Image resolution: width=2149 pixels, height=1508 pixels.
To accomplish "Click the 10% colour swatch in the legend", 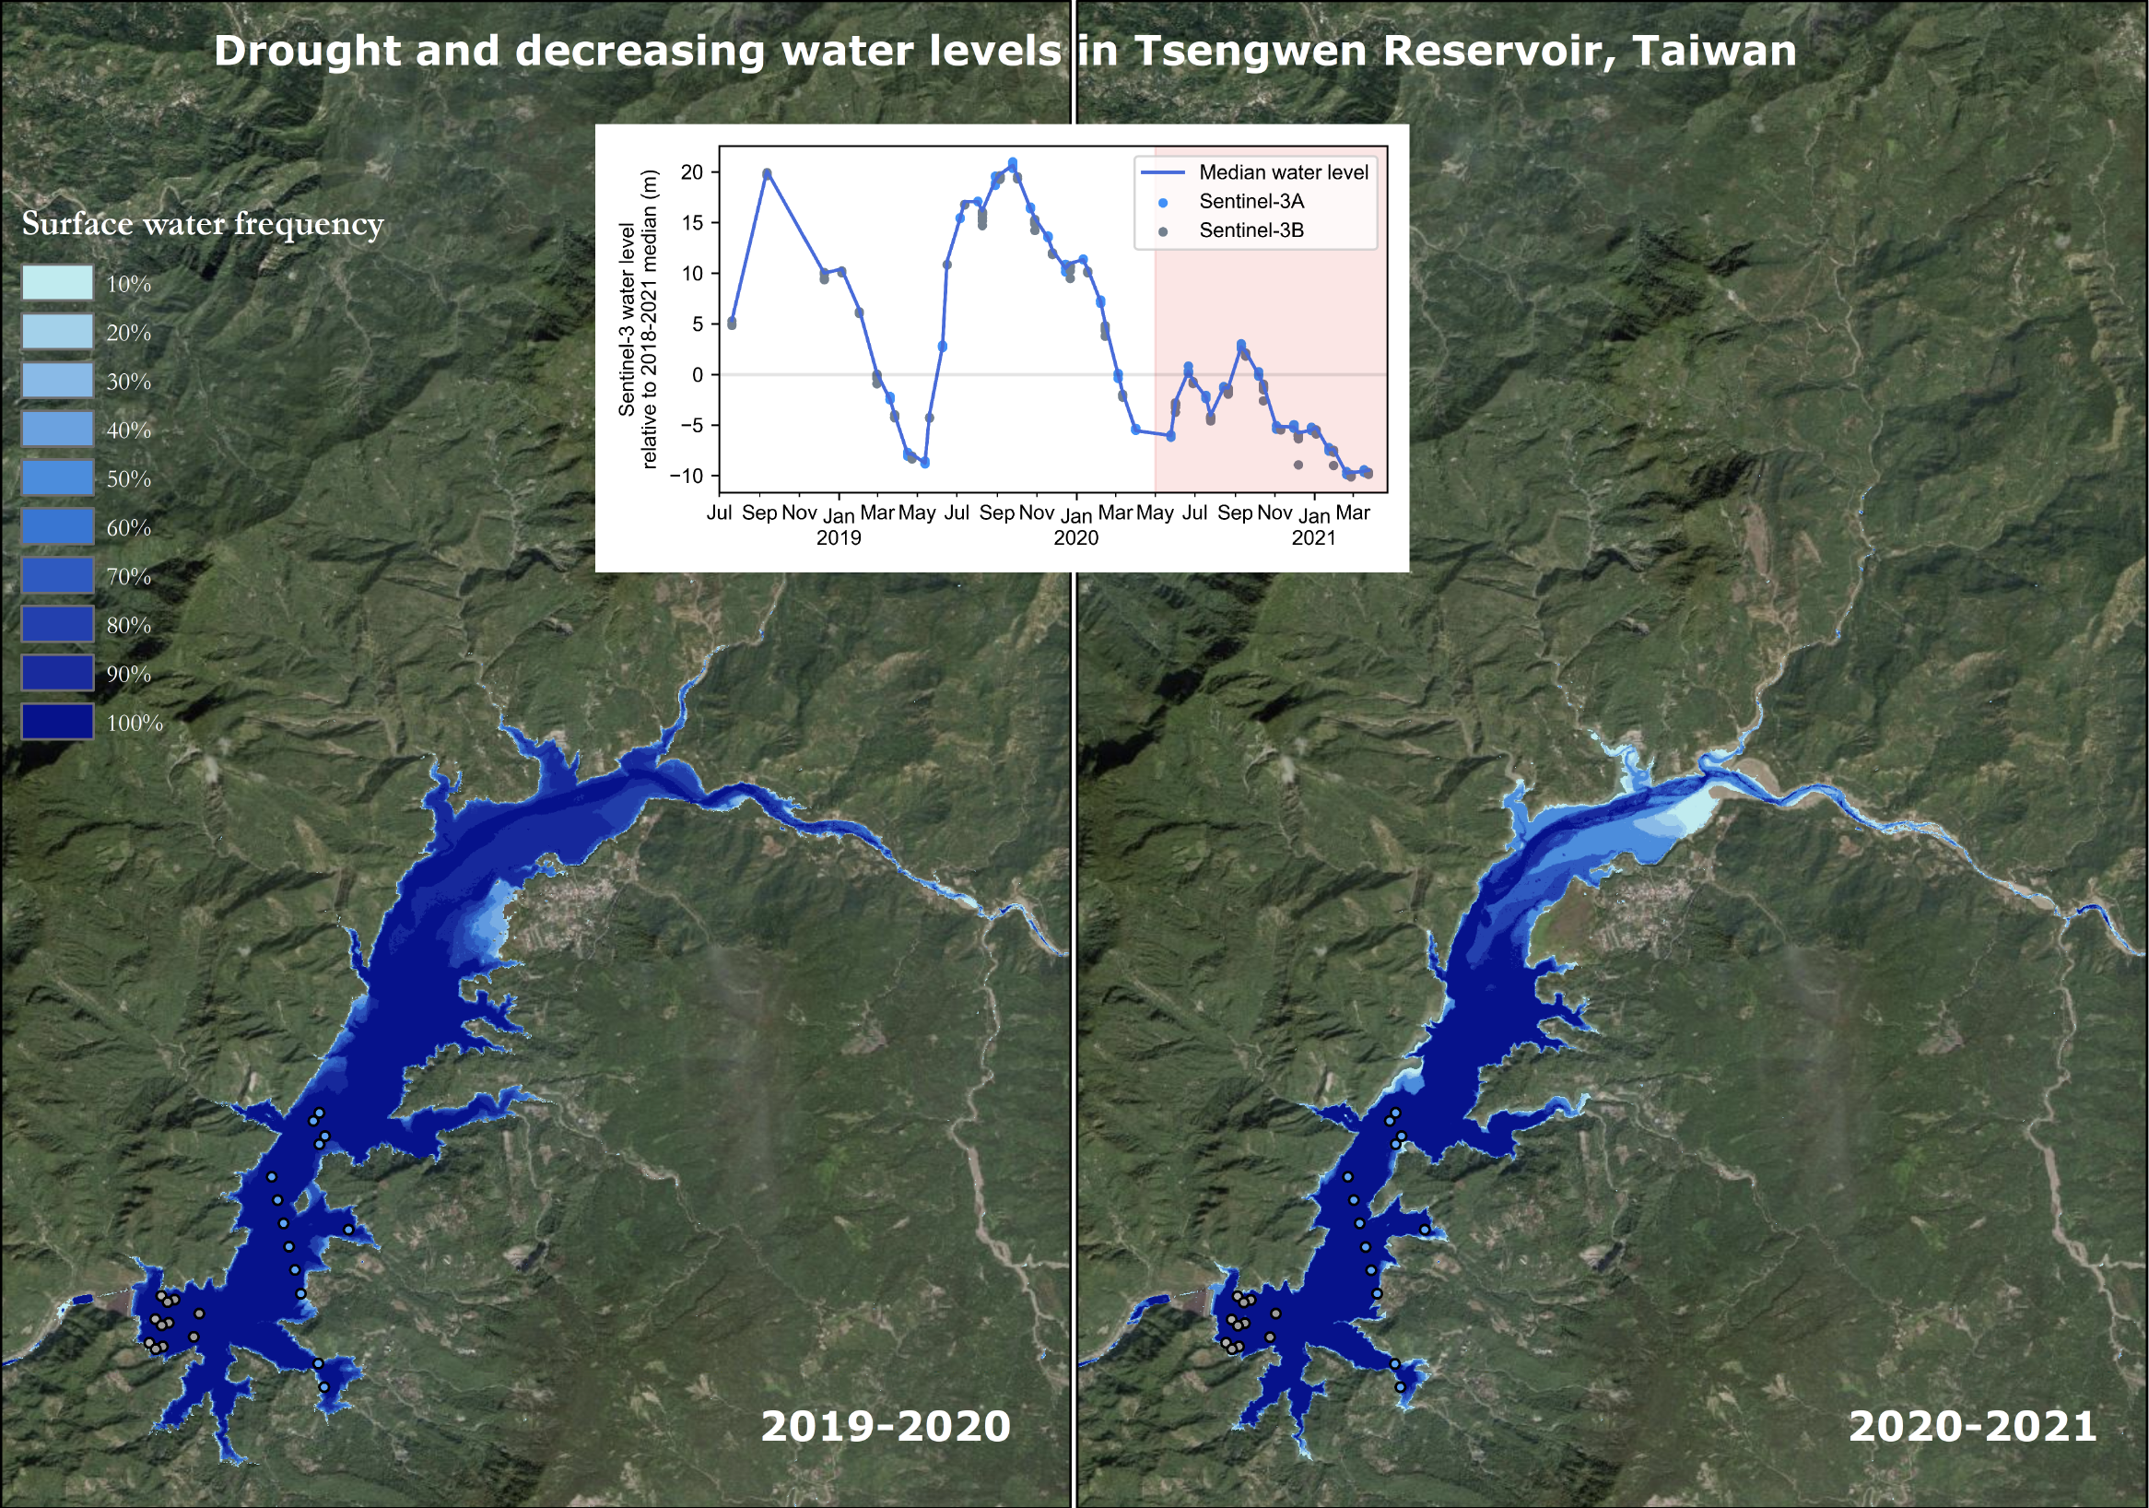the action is (57, 283).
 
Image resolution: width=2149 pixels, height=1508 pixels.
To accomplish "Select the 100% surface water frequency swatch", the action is (57, 722).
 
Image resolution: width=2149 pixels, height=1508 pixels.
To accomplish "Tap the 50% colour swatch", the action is (57, 477).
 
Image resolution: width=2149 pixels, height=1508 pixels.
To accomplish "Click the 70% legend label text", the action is (128, 577).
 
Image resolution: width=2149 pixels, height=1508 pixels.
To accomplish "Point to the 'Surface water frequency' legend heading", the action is (203, 224).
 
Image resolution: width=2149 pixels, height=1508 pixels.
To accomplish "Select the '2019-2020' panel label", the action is (886, 1427).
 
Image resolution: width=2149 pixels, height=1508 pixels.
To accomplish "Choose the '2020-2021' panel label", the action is (1972, 1427).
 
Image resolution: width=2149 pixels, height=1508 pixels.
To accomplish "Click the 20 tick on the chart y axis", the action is (692, 172).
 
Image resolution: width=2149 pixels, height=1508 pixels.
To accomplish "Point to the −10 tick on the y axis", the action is (685, 476).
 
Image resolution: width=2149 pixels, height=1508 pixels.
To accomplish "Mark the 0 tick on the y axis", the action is (698, 374).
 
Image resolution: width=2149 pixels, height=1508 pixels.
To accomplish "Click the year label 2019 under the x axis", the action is (839, 537).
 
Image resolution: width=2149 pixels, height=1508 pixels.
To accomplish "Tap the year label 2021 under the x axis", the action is (1314, 537).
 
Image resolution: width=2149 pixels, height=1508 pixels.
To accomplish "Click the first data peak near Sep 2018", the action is (767, 173).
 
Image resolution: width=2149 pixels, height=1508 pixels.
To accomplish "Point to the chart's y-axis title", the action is (638, 319).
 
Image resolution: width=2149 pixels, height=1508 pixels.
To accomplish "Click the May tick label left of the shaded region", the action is (917, 513).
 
